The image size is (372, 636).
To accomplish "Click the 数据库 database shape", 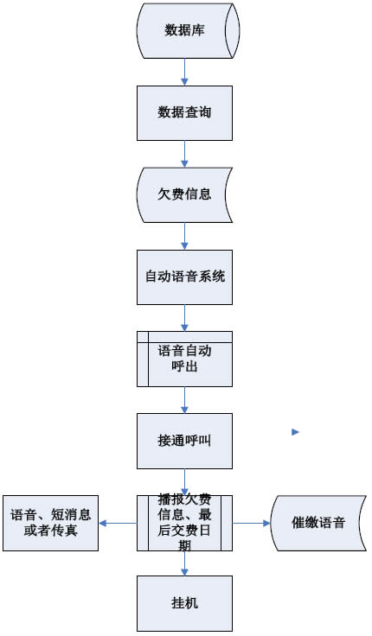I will [185, 31].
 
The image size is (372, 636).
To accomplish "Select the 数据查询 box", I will [185, 112].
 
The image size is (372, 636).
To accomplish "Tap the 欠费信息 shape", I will [185, 194].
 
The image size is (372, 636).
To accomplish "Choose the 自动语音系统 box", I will [185, 277].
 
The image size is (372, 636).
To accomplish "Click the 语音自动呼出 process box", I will [185, 359].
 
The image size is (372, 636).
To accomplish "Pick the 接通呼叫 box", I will [185, 440].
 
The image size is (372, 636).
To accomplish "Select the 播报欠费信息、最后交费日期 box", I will [185, 522].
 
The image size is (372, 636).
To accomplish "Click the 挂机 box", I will [185, 602].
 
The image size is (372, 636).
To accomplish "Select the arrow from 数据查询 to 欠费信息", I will [185, 154].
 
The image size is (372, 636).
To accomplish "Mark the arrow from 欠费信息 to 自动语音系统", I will [185, 236].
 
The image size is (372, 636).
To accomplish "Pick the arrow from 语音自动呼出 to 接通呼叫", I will [185, 399].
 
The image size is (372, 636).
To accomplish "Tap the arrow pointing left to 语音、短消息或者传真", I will [118, 522].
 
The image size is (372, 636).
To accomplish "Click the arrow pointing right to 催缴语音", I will [252, 522].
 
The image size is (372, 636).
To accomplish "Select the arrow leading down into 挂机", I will [185, 563].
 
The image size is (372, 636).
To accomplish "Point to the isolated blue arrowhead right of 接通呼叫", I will [295, 431].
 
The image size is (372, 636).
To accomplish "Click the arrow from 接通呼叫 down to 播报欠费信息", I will [185, 480].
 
